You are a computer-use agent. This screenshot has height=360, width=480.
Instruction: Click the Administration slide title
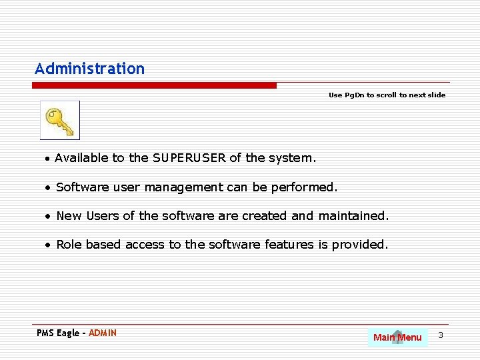coord(90,69)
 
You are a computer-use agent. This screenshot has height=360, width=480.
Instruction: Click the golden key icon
coord(60,121)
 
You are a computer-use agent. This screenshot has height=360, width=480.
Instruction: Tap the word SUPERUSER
coord(189,158)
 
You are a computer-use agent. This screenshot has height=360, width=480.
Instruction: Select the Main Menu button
coord(397,337)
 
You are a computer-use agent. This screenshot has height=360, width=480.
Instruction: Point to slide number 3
coord(441,335)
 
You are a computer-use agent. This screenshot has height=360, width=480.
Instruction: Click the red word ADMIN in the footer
coord(103,333)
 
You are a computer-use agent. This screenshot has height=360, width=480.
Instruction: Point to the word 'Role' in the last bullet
coord(69,245)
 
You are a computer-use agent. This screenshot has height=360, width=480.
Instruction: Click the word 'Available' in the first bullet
coord(82,158)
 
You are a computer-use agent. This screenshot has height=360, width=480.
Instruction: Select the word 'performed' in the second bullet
coord(303,187)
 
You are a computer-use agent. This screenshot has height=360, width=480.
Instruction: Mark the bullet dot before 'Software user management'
coord(49,188)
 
